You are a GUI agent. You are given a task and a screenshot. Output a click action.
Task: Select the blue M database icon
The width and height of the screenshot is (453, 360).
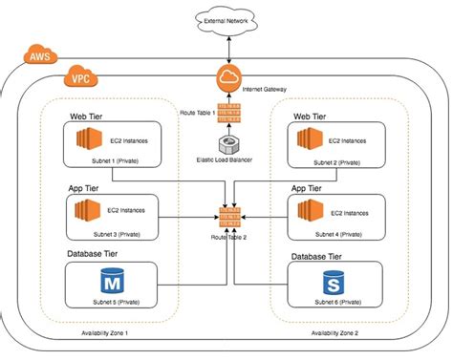(x=114, y=284)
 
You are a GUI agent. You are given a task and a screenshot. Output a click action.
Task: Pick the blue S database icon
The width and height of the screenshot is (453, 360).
(x=334, y=284)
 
